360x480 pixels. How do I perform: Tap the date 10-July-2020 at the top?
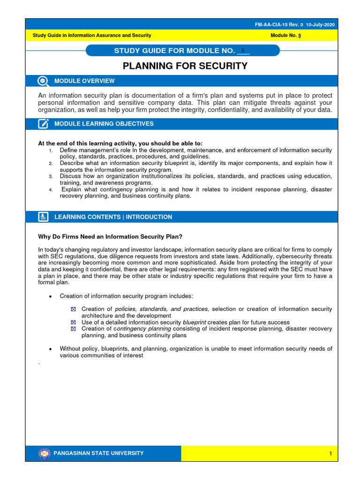click(320, 25)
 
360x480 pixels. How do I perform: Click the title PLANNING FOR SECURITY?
click(185, 66)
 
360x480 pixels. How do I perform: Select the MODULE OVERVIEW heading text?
click(84, 81)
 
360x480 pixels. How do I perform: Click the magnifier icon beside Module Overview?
click(43, 81)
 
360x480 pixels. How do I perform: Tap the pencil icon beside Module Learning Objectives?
click(43, 124)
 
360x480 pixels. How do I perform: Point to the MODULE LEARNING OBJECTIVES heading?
click(104, 124)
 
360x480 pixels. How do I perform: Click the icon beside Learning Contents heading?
click(43, 217)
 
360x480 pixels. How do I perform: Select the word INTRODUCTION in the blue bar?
click(149, 217)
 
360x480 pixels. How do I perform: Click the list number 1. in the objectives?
click(50, 150)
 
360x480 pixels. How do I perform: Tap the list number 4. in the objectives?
click(50, 190)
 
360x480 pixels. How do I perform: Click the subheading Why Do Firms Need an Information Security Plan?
click(113, 236)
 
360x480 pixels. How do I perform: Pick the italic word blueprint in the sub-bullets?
click(194, 322)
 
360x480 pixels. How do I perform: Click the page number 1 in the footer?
click(330, 454)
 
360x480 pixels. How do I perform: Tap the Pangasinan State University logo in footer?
click(44, 453)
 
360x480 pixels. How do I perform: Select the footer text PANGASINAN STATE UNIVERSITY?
click(99, 453)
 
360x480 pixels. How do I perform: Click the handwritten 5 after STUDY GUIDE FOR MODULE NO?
click(242, 50)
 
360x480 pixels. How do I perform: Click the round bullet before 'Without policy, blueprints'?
click(50, 349)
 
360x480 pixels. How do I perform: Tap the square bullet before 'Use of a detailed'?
click(73, 322)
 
